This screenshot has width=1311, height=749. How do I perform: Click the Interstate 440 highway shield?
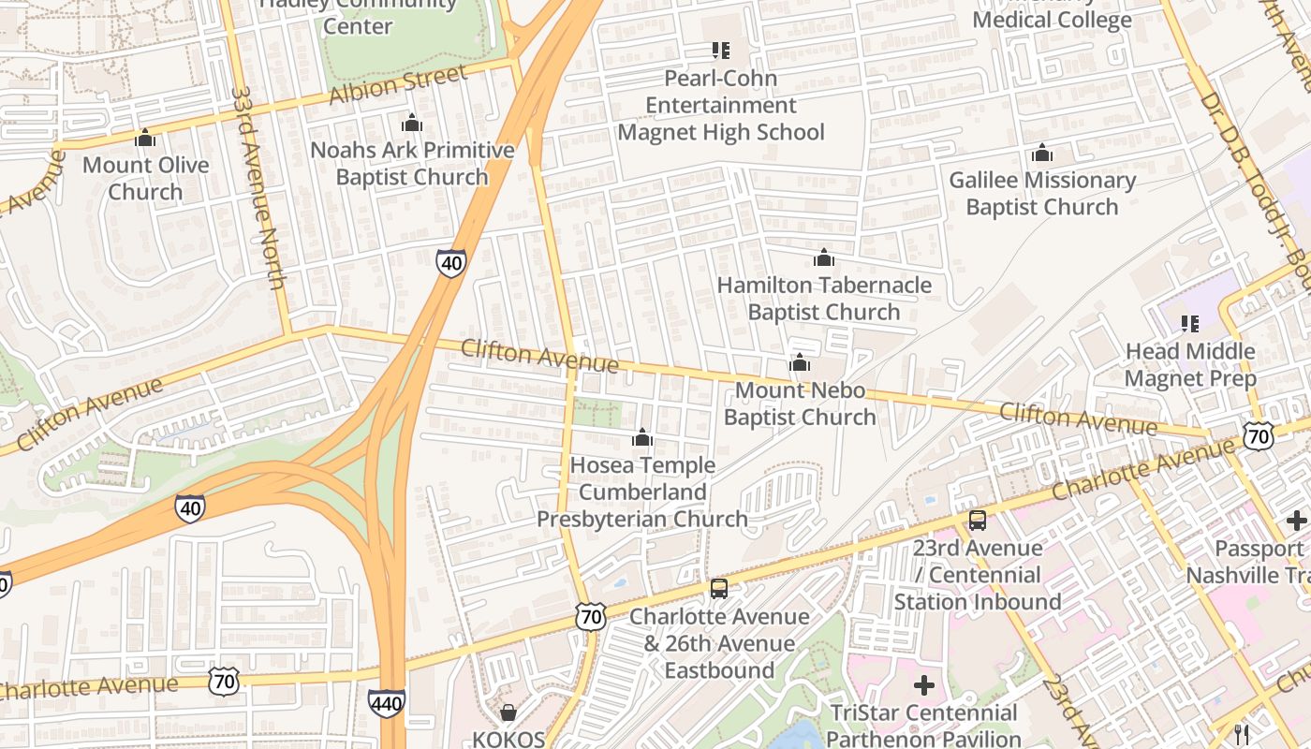(387, 703)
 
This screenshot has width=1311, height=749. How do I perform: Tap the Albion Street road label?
(398, 85)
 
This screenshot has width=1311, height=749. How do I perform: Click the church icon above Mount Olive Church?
(145, 139)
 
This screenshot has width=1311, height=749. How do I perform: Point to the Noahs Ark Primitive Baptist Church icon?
(412, 123)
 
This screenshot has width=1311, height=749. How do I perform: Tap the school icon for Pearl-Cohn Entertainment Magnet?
(720, 51)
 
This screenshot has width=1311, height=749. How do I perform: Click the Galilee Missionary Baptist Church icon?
(1042, 154)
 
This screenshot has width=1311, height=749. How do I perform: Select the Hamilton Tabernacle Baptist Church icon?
(824, 257)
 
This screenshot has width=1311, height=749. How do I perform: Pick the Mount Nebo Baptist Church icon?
(799, 363)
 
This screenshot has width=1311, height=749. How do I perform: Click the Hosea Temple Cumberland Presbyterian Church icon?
(642, 437)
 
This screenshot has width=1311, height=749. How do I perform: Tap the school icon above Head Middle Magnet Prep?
(1190, 325)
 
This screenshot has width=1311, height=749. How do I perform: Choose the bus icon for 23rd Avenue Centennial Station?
(978, 521)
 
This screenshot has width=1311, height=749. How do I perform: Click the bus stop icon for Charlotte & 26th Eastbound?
(719, 588)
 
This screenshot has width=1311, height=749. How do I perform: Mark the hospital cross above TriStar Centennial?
(924, 685)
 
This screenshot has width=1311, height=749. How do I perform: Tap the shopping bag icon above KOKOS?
(508, 713)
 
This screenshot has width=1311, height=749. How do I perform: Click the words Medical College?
(1053, 19)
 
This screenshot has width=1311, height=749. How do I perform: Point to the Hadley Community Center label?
(358, 15)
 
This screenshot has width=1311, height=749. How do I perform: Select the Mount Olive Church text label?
(145, 178)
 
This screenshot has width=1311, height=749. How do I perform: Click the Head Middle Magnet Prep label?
(1190, 364)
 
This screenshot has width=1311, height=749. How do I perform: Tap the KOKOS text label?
(508, 739)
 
